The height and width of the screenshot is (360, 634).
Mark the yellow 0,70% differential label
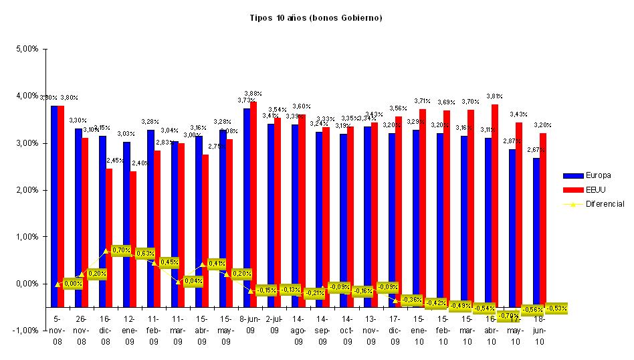[122, 250]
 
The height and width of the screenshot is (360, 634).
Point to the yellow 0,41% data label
[217, 264]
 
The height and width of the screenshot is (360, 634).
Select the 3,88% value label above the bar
[253, 94]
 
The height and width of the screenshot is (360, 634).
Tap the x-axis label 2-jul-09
[274, 325]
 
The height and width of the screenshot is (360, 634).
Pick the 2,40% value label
[139, 163]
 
